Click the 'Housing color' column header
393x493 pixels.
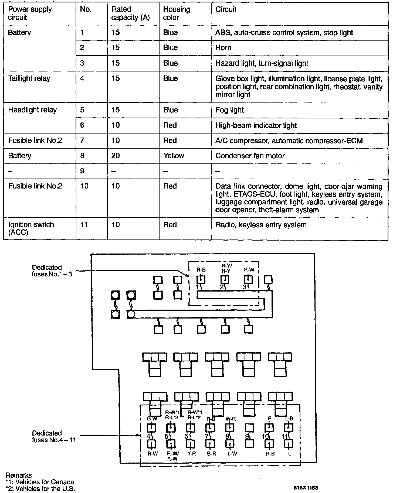pyautogui.click(x=177, y=13)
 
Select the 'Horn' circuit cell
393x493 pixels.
pyautogui.click(x=223, y=48)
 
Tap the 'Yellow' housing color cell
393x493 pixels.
pyautogui.click(x=174, y=156)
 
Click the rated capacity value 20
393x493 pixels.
pyautogui.click(x=116, y=156)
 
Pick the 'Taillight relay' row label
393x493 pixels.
pyautogui.click(x=29, y=78)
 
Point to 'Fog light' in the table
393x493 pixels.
pyautogui.click(x=229, y=110)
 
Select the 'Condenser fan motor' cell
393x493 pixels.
pyautogui.click(x=250, y=156)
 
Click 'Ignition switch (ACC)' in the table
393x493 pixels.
pyautogui.click(x=31, y=228)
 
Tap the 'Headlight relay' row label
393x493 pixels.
pyautogui.click(x=32, y=110)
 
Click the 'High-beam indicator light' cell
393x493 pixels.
pyautogui.click(x=256, y=125)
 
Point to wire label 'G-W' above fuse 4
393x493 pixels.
pyautogui.click(x=152, y=419)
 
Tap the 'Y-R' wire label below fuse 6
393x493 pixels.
pyautogui.click(x=191, y=454)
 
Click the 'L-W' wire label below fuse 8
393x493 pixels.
pyautogui.click(x=232, y=454)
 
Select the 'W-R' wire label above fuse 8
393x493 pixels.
pyautogui.click(x=231, y=419)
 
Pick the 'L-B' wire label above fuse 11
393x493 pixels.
pyautogui.click(x=289, y=419)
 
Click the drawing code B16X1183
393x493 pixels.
pyautogui.click(x=306, y=488)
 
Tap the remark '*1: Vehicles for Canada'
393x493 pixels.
pyautogui.click(x=40, y=482)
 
